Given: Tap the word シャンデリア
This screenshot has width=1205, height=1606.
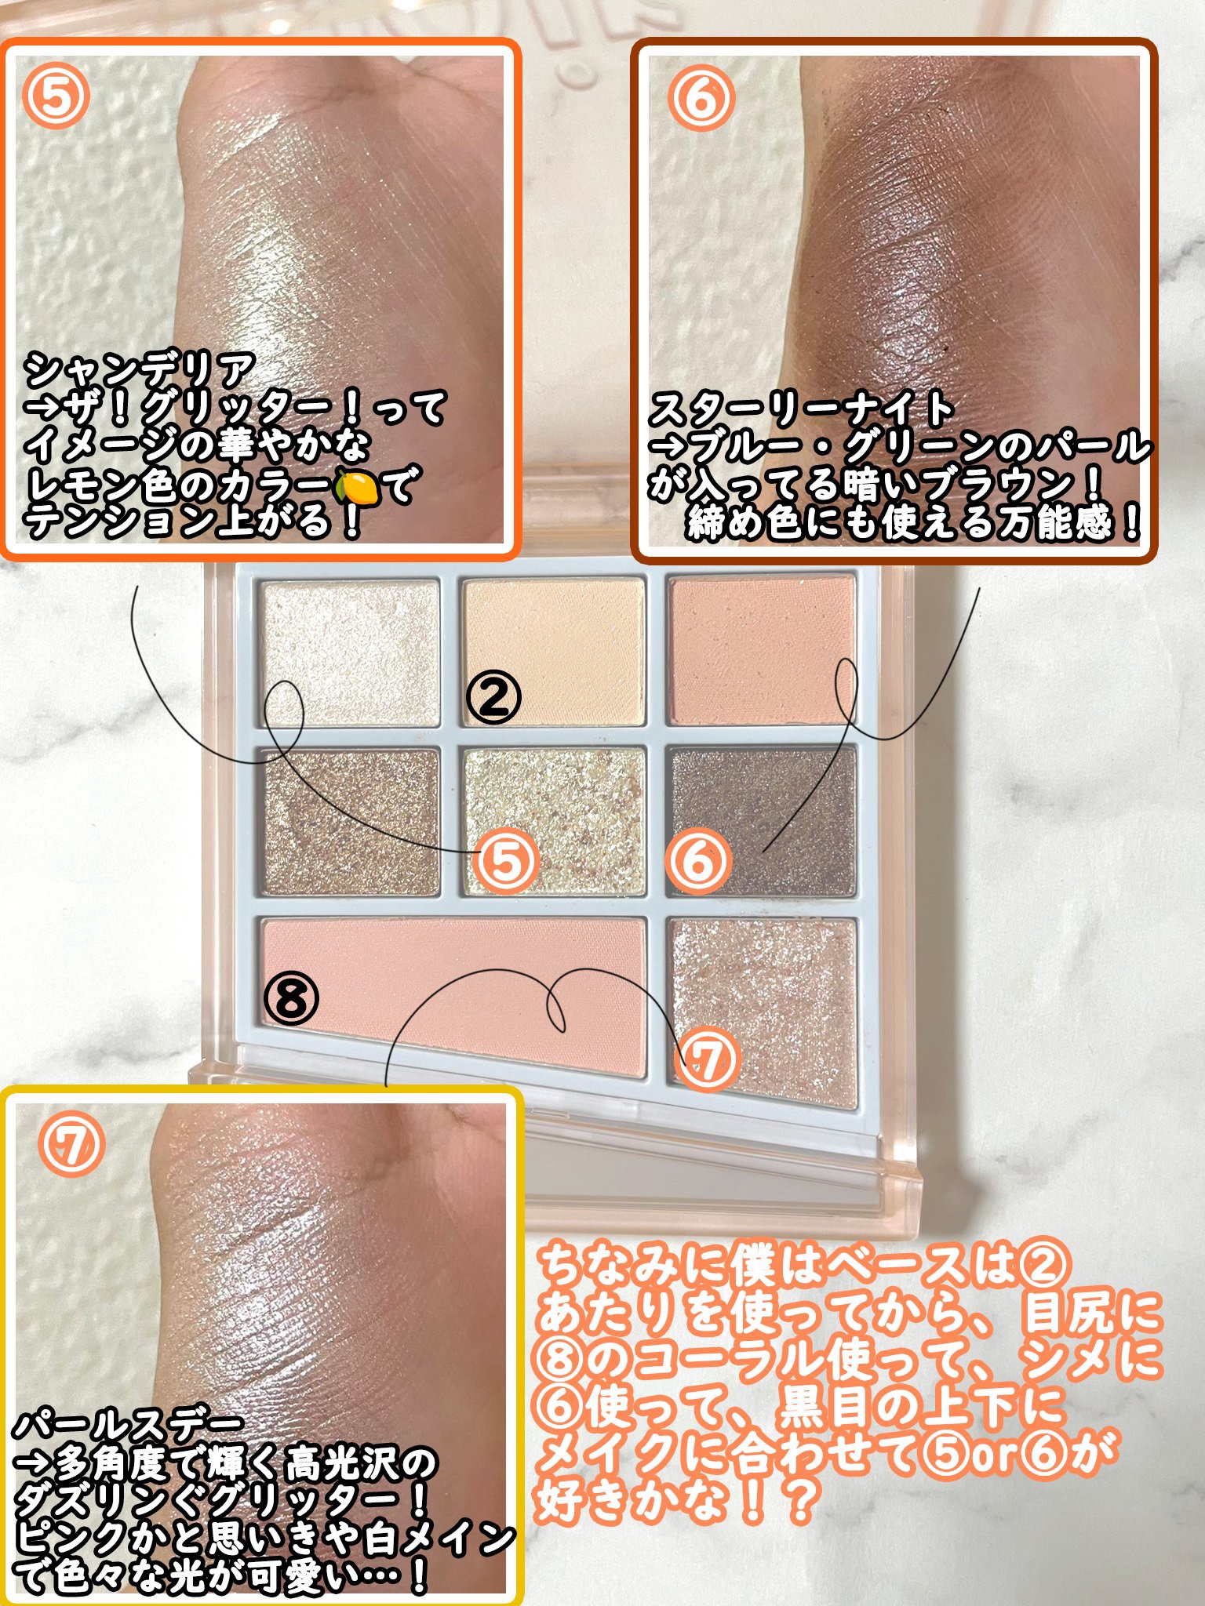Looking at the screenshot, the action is click(141, 370).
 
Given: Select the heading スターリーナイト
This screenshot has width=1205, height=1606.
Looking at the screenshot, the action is click(800, 409).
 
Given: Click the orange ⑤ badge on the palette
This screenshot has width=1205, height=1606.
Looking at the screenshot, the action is click(506, 861).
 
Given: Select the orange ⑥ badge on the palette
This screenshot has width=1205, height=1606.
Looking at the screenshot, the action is click(697, 861).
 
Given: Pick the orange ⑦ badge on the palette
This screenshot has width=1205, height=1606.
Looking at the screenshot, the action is click(708, 1059).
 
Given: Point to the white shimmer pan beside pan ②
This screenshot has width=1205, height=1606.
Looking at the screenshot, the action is click(350, 652).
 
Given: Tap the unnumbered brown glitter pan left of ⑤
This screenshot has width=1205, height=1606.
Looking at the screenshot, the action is click(350, 822).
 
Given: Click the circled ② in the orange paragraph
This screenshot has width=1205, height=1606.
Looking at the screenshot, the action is click(1044, 1264).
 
